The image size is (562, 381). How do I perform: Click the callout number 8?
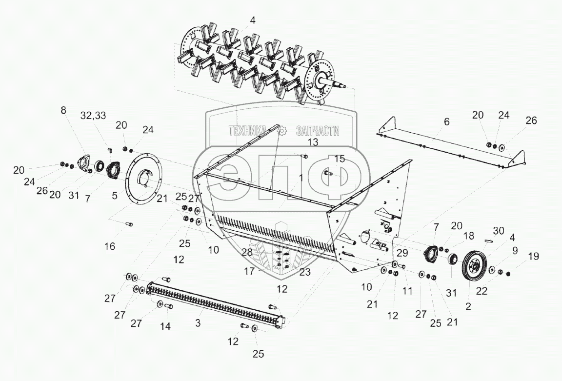[x=63, y=111]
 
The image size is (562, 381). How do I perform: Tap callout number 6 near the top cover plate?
[x=446, y=123]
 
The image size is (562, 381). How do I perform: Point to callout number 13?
[x=312, y=142]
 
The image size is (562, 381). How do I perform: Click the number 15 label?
[x=339, y=159]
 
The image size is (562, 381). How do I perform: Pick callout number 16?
[x=110, y=246]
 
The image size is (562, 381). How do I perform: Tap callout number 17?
[x=249, y=271]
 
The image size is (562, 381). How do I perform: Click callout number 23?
[x=305, y=272]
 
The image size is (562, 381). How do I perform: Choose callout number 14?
[x=166, y=327]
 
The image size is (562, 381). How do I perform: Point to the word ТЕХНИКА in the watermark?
[x=247, y=131]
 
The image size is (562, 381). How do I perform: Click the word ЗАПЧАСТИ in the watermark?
[x=318, y=131]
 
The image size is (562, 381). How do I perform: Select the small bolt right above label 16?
[x=129, y=224]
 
